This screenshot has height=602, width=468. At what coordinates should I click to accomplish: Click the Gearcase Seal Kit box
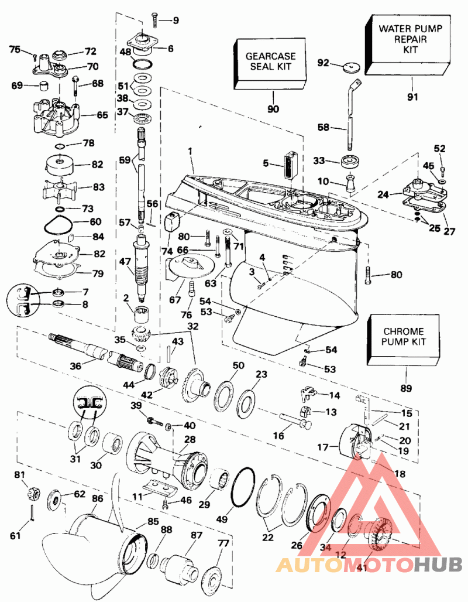pos(270,63)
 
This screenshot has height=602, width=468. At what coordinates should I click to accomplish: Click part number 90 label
pos(273,108)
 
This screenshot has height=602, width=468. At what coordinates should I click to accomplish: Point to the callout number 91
pos(413,97)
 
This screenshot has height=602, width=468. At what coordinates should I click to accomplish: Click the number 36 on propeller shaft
pos(74,365)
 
